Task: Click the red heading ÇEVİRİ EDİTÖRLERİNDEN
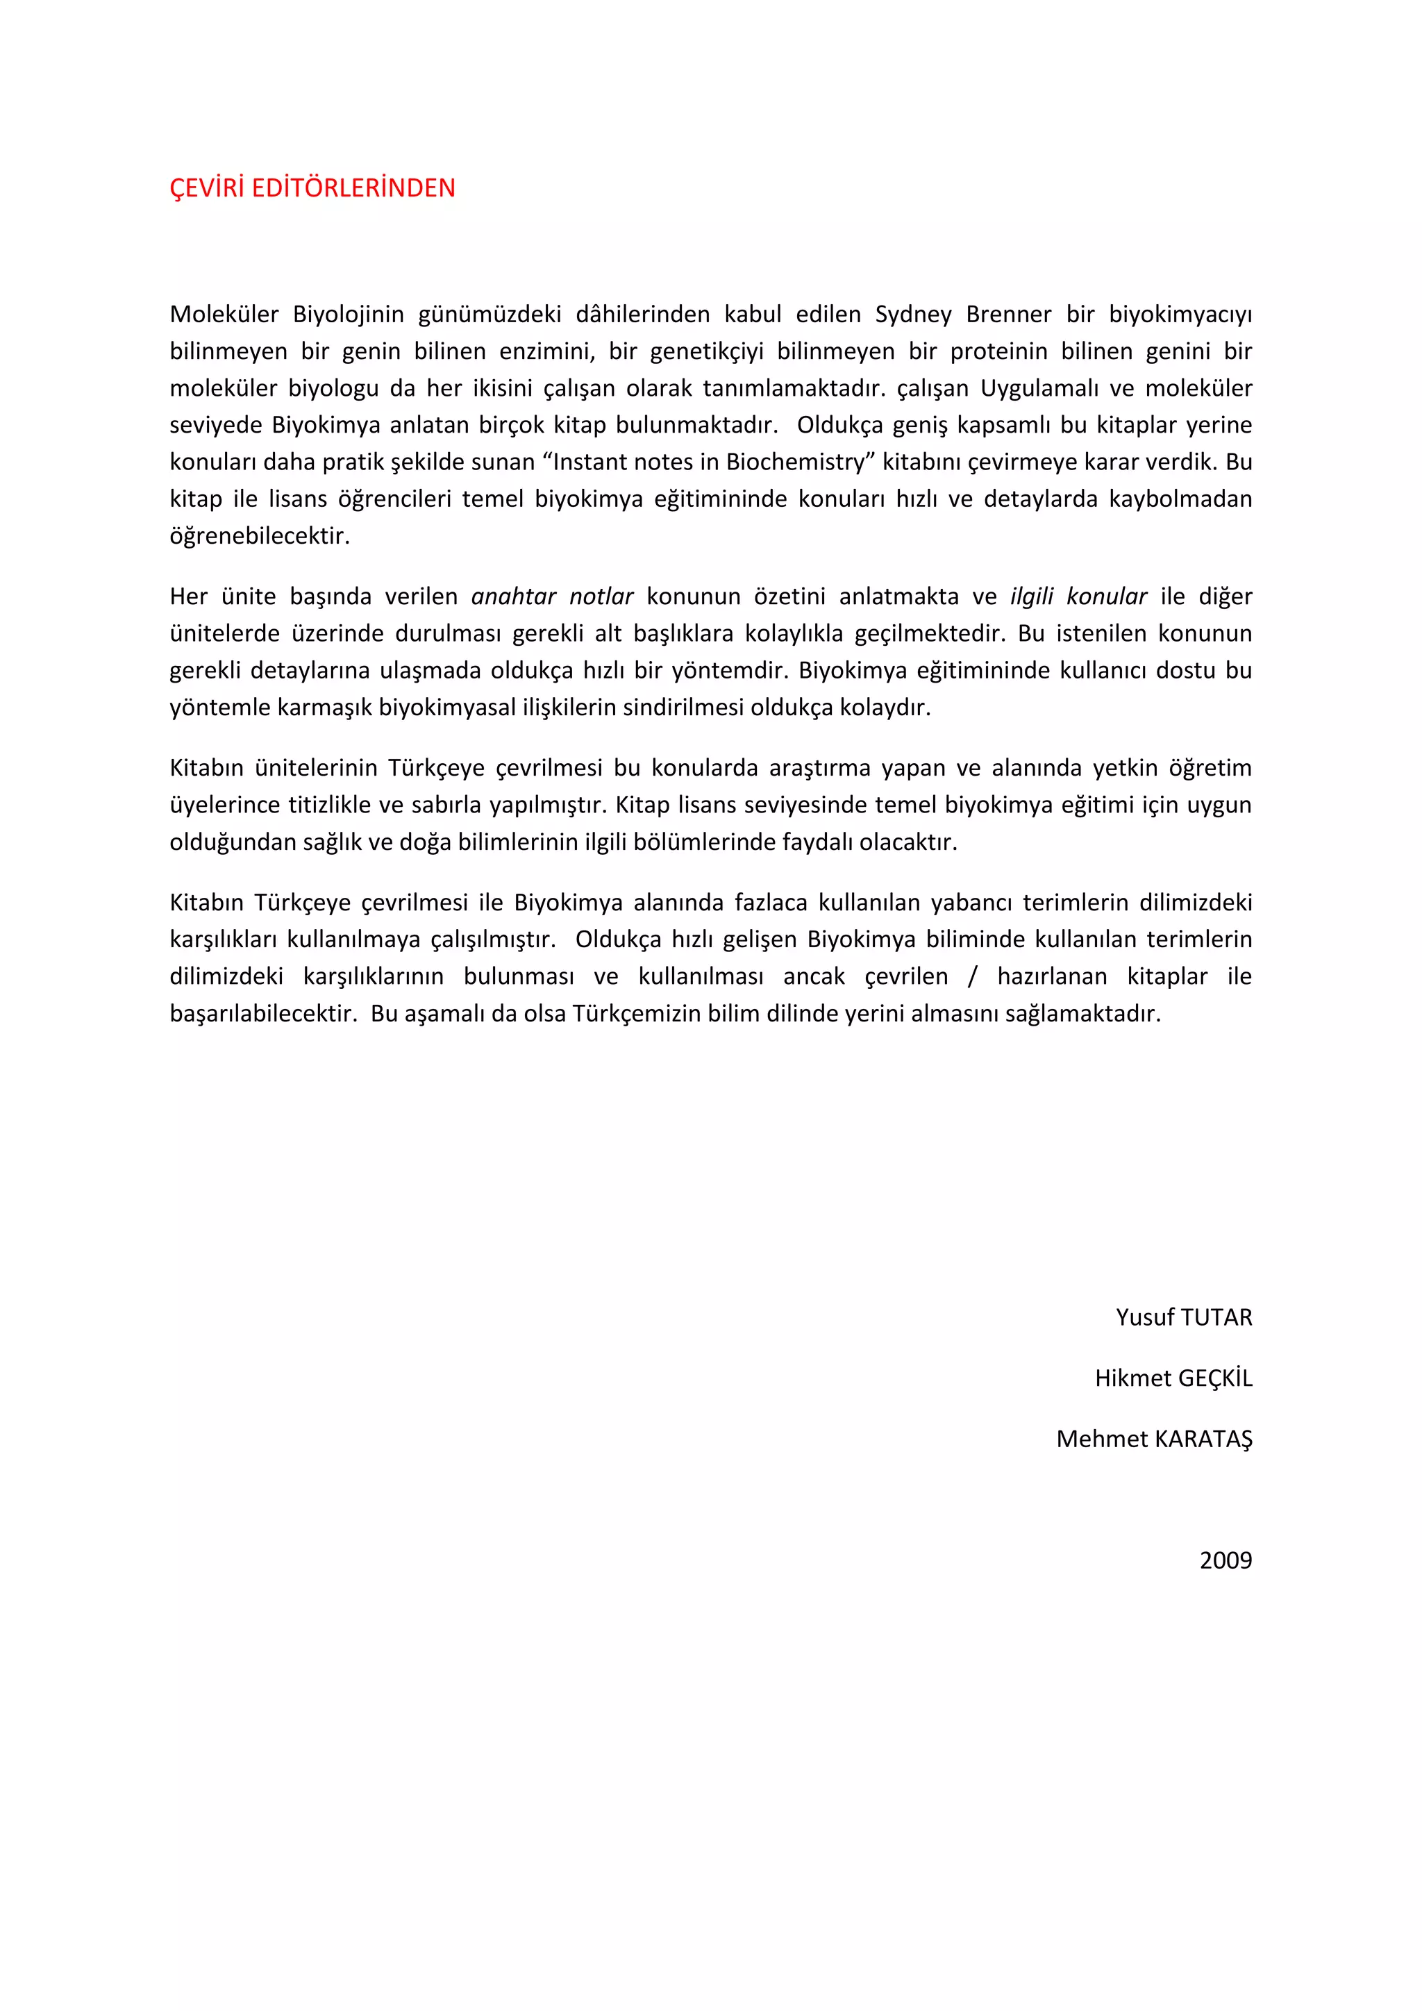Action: coord(312,188)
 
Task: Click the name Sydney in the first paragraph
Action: coord(912,315)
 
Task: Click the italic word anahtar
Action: coord(513,596)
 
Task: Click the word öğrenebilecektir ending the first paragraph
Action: coord(259,536)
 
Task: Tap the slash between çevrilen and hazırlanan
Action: coord(972,976)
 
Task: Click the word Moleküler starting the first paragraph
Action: coord(224,315)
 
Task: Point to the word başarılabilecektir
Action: coord(262,1015)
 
